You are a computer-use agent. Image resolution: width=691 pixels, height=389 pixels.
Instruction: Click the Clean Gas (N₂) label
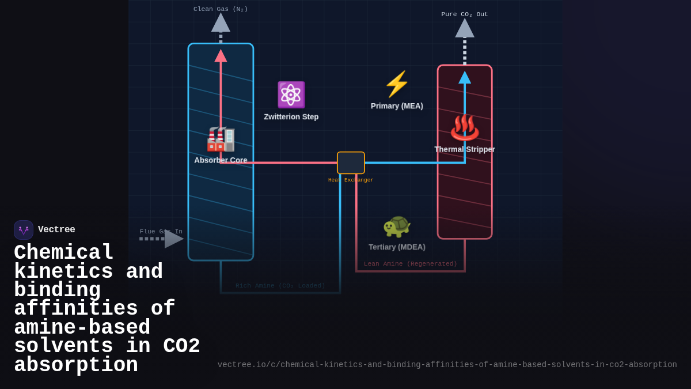point(221,9)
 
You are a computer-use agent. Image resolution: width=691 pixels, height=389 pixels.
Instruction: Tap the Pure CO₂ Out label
point(464,14)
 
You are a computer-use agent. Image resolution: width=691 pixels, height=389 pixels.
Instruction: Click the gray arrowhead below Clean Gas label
point(221,23)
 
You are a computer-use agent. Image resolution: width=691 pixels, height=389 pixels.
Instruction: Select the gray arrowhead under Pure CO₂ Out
point(465,29)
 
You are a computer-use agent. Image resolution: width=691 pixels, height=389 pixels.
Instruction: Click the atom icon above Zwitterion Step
point(291,95)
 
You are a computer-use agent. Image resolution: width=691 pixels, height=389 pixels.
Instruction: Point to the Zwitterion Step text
point(291,117)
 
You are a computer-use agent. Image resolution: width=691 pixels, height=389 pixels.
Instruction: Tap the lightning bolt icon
point(396,84)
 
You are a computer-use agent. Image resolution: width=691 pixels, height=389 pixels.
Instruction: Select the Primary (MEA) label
point(397,106)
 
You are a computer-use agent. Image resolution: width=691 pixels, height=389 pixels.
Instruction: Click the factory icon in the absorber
point(221,139)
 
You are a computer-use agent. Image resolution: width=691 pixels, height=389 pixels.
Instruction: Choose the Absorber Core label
point(221,160)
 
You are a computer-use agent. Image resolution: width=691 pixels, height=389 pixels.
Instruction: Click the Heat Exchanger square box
point(351,163)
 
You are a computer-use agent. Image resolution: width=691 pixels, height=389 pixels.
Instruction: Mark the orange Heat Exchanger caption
point(351,180)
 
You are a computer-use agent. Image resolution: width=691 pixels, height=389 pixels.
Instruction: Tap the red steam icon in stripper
point(464,127)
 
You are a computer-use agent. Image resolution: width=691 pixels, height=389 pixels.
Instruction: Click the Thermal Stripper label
point(464,149)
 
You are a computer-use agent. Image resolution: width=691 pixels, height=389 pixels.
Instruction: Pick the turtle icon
point(396,226)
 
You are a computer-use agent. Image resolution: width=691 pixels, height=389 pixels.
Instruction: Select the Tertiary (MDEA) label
point(397,247)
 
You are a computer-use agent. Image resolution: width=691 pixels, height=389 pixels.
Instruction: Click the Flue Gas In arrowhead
point(173,239)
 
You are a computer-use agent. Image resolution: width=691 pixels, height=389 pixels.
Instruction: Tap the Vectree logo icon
point(24,230)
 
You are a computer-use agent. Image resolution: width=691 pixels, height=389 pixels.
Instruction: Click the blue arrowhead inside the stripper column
point(465,78)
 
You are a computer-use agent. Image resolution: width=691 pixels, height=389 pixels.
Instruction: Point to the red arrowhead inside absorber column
point(221,56)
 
